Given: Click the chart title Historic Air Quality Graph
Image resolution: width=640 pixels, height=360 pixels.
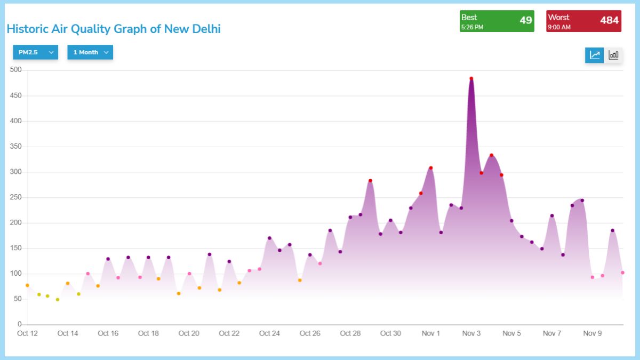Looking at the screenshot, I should [x=114, y=29].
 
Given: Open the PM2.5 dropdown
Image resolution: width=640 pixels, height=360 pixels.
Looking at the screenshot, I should [x=35, y=52].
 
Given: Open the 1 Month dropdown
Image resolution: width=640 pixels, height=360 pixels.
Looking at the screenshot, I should [x=90, y=52].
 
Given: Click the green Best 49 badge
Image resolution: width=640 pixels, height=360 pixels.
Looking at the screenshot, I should [x=497, y=21].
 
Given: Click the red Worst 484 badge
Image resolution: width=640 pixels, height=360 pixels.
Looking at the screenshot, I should [x=583, y=21].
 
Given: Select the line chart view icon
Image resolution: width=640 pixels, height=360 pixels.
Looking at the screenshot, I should [x=595, y=55].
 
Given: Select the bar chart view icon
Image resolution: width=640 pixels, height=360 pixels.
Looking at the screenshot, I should [x=613, y=55].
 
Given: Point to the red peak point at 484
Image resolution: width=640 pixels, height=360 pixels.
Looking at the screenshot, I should [x=471, y=78].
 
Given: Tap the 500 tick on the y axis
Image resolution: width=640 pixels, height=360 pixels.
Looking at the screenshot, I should [x=15, y=70].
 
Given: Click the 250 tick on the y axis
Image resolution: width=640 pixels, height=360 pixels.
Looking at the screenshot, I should [x=15, y=197].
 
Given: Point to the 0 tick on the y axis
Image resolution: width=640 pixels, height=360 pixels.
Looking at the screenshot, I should [x=19, y=324].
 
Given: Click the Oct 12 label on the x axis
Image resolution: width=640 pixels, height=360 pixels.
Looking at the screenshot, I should [x=27, y=334].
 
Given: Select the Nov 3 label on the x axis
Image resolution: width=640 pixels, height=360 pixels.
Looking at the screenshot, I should [x=471, y=334].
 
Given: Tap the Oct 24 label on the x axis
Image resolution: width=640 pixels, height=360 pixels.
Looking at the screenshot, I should [x=269, y=334].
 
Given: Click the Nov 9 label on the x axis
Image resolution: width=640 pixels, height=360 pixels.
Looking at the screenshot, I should [x=592, y=334].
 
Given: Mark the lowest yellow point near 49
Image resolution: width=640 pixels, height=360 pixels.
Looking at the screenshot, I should [x=58, y=300].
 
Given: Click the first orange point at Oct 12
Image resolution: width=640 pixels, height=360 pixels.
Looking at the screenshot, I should [x=27, y=285].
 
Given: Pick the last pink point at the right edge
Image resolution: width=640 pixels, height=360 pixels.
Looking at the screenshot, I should [x=622, y=273].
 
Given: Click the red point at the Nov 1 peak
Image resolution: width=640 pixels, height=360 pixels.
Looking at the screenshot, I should [x=430, y=168].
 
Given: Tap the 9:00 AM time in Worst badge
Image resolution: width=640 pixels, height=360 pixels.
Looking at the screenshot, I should [x=559, y=27].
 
